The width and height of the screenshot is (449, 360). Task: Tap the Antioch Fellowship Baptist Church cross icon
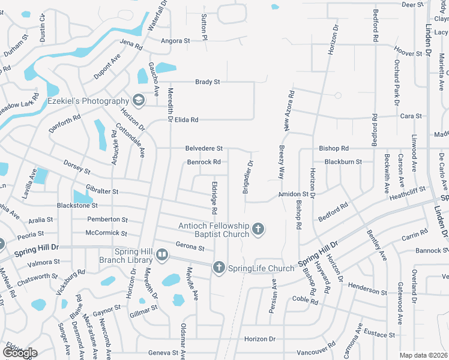258,229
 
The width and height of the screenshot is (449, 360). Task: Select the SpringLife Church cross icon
219,268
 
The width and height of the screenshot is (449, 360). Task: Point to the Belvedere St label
204,148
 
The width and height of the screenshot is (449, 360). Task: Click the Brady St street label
207,82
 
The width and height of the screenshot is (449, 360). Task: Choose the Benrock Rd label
204,162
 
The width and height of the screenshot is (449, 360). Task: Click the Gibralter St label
102,191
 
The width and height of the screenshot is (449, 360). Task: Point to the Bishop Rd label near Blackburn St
334,148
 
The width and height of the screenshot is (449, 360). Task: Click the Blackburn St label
343,162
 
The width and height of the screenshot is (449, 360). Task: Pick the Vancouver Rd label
316,350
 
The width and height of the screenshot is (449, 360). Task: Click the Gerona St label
190,246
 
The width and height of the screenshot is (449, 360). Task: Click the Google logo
19,353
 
